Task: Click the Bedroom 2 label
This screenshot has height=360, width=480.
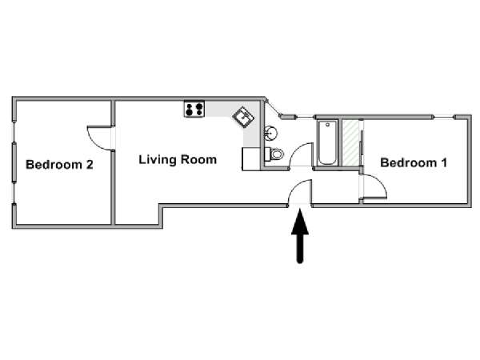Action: [x=59, y=165]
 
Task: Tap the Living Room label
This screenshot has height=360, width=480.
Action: [x=178, y=160]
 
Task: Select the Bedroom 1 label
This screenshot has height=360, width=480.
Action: [x=414, y=162]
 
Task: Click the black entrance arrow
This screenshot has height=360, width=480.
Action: [x=300, y=236]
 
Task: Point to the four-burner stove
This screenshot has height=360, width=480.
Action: [x=194, y=109]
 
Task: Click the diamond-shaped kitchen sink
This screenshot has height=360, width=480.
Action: [x=243, y=117]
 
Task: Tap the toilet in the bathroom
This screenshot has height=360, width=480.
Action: [x=274, y=154]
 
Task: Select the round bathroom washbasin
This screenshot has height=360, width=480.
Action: [x=271, y=133]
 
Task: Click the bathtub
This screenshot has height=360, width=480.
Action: [x=327, y=142]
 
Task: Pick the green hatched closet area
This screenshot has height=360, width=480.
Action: [x=350, y=143]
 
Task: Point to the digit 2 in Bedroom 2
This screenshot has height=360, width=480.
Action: [x=90, y=165]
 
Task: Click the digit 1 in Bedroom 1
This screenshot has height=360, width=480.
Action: [x=444, y=162]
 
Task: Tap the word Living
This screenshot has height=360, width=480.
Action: [x=158, y=160]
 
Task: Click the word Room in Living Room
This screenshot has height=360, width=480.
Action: [x=198, y=159]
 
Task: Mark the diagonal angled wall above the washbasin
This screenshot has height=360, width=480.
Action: [x=274, y=108]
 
